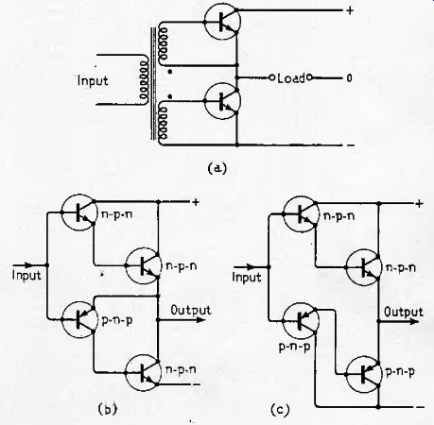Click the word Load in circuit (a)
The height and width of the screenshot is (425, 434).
[x=291, y=78]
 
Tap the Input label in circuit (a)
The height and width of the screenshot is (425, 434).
[x=93, y=81]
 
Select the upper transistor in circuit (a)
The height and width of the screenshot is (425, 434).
[x=222, y=22]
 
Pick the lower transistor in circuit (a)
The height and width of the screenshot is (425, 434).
[x=222, y=101]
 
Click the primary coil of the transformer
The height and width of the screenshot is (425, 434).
[x=144, y=80]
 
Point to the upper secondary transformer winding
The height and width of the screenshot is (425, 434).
[x=164, y=43]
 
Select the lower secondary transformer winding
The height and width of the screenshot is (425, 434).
[x=164, y=124]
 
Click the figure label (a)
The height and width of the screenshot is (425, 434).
[x=217, y=168]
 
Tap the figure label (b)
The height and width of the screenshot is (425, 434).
[x=108, y=409]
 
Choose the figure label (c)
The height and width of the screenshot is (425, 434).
[x=280, y=410]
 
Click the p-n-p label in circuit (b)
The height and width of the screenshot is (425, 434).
[x=116, y=320]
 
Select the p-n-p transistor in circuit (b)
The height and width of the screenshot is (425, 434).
[x=78, y=319]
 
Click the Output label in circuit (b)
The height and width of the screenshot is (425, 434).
[x=191, y=310]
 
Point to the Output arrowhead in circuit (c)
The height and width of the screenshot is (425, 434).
[x=414, y=321]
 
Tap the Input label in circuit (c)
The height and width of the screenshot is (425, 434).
[x=247, y=278]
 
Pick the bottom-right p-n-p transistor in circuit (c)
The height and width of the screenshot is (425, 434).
[x=364, y=374]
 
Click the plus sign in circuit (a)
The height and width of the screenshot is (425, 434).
[x=350, y=10]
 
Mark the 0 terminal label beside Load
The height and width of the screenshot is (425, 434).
[x=349, y=77]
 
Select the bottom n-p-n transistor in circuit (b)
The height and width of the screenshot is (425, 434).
[x=144, y=373]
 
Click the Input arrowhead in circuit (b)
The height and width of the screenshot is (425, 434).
[x=27, y=265]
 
